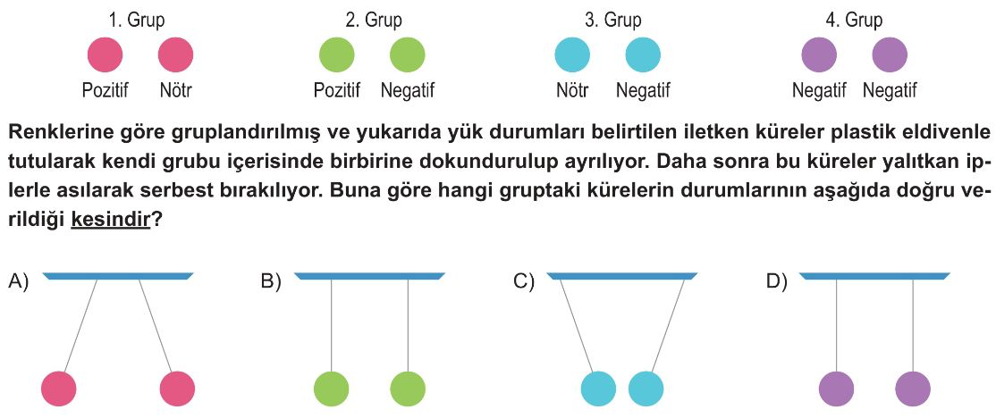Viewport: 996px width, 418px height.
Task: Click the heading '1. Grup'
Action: (x=136, y=20)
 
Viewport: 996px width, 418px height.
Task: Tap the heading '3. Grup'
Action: (x=612, y=20)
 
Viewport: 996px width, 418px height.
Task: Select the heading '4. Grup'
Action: (x=854, y=20)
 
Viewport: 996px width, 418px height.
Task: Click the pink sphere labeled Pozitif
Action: (x=105, y=54)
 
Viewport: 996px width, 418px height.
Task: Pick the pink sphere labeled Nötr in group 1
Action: (x=176, y=54)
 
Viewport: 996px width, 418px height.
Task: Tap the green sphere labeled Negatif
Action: (x=407, y=54)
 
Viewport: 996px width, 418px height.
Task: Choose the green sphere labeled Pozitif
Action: (x=337, y=54)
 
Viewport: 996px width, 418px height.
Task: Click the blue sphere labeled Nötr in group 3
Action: (x=572, y=54)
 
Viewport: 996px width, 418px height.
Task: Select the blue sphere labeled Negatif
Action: (x=643, y=54)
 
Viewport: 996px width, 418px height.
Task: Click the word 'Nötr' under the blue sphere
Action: (x=572, y=91)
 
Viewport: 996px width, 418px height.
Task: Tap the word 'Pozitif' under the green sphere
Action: (x=337, y=91)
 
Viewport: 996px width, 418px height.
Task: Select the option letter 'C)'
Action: (x=523, y=281)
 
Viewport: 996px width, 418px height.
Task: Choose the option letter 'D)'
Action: (x=777, y=281)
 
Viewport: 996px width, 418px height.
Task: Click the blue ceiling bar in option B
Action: (x=369, y=276)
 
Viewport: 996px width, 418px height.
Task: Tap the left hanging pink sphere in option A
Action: (x=58, y=389)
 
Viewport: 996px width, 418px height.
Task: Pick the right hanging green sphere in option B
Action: (x=408, y=389)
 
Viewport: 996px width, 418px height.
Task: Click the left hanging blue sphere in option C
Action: (x=598, y=389)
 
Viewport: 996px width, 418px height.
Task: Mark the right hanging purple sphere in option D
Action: (x=913, y=389)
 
